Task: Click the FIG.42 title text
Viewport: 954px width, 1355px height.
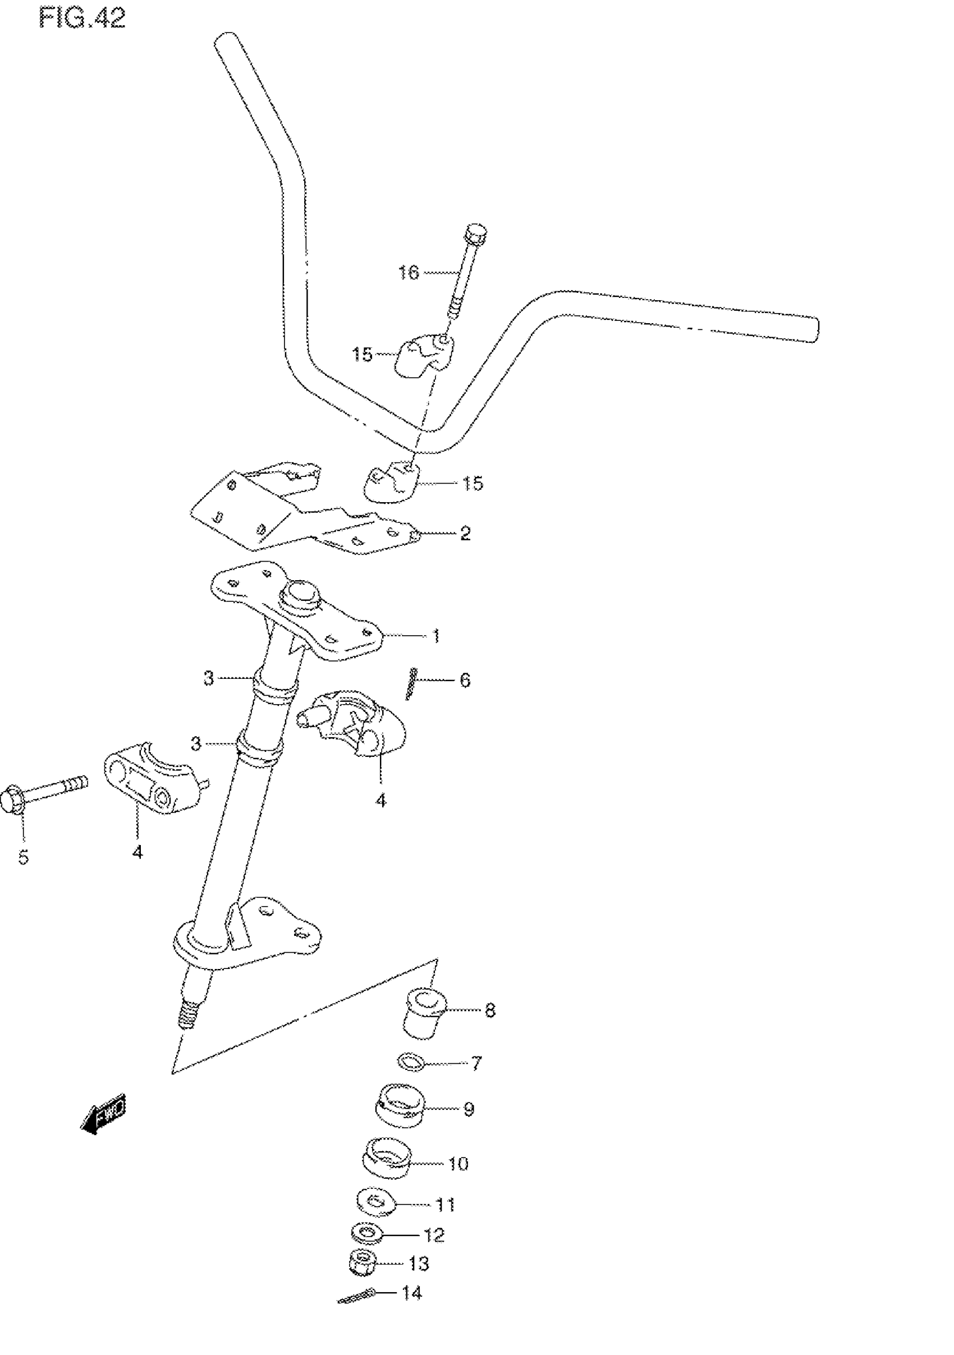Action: (82, 19)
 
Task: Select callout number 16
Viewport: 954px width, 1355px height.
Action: (409, 272)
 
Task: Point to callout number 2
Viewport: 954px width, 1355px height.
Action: (465, 534)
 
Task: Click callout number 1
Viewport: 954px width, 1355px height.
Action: (435, 636)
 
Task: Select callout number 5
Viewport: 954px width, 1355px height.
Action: (23, 857)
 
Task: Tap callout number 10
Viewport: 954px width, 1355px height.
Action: (458, 1163)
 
